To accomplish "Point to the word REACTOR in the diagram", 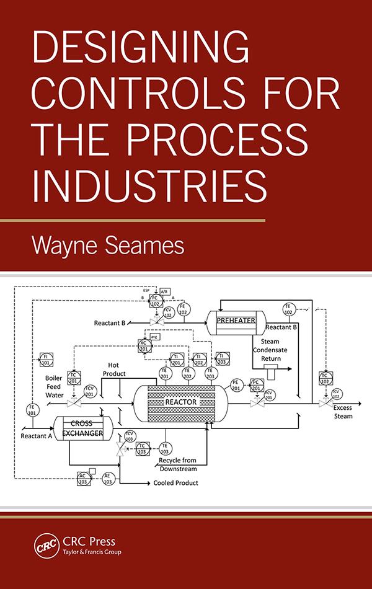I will (180, 402).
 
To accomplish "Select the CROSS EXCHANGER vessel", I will (82, 428).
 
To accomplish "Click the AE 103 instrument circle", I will (108, 477).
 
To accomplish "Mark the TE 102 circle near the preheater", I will (288, 308).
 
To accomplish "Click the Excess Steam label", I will (343, 412).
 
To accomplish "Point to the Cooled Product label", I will (176, 482).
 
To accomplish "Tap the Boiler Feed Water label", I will (54, 386).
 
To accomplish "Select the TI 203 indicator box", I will (223, 358).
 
